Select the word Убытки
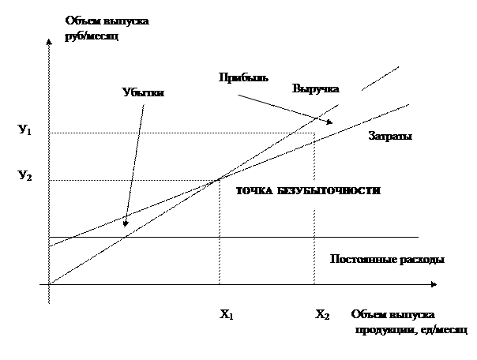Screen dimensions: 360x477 (x=143, y=92)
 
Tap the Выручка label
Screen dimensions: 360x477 (x=316, y=89)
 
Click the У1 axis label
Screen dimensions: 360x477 (x=24, y=129)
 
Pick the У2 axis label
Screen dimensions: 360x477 (x=24, y=175)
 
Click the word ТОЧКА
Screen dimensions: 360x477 (x=255, y=191)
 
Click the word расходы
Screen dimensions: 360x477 (x=418, y=260)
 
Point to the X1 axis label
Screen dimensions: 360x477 (x=226, y=315)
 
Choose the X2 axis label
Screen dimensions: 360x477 (x=321, y=315)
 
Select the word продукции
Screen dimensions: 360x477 (x=378, y=328)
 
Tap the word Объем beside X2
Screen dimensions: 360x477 (x=370, y=315)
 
